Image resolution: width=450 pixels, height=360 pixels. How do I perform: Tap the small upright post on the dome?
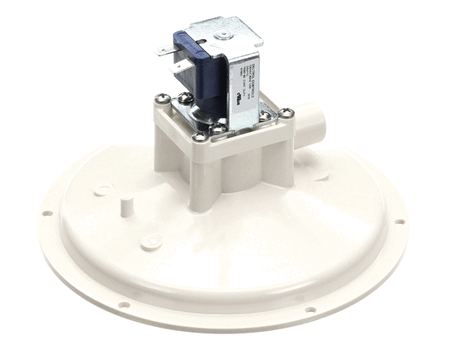point(128,204)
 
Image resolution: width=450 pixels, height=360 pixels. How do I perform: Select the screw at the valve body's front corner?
point(199,136)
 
